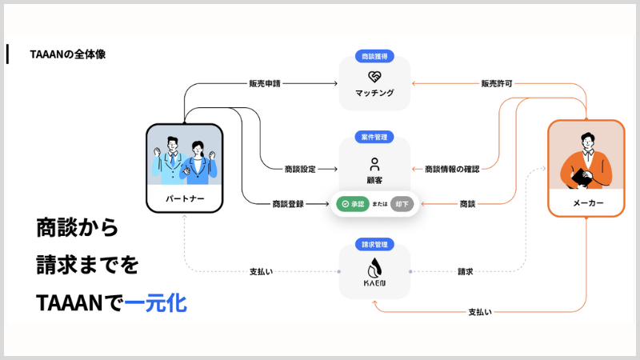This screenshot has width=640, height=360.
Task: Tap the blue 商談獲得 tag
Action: tap(374, 57)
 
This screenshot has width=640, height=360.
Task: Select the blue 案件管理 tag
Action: tap(374, 137)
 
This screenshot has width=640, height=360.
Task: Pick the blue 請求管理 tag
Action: tap(374, 244)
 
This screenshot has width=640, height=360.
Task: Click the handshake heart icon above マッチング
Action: tap(374, 78)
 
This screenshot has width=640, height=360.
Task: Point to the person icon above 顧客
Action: tap(374, 164)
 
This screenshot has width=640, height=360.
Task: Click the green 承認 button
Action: tap(352, 204)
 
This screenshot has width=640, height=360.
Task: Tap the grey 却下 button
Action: tap(402, 204)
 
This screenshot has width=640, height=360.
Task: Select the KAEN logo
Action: tap(374, 270)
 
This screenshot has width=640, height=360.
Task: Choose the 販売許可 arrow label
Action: tap(496, 82)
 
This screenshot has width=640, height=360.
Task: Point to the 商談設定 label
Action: tap(300, 169)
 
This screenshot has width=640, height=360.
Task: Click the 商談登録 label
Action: tap(288, 204)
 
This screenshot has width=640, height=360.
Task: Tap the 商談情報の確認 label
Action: tap(452, 169)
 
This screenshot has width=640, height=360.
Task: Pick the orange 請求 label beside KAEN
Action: tap(465, 271)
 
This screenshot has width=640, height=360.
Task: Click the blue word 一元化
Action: tap(155, 303)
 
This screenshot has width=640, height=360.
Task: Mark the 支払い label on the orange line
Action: tap(480, 310)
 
